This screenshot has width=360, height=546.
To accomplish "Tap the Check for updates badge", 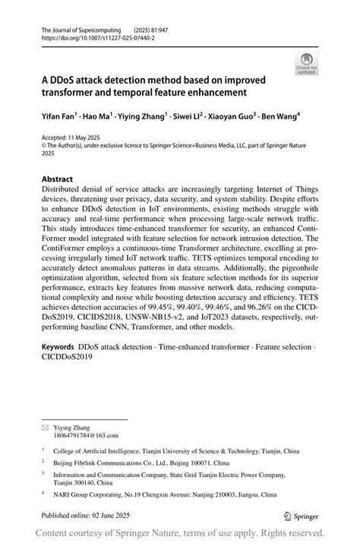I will click(x=306, y=63).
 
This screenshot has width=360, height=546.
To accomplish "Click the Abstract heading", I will click(x=57, y=180).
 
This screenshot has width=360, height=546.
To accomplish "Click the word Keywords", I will click(x=58, y=346).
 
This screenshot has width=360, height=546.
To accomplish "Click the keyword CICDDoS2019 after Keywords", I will click(x=68, y=357).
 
